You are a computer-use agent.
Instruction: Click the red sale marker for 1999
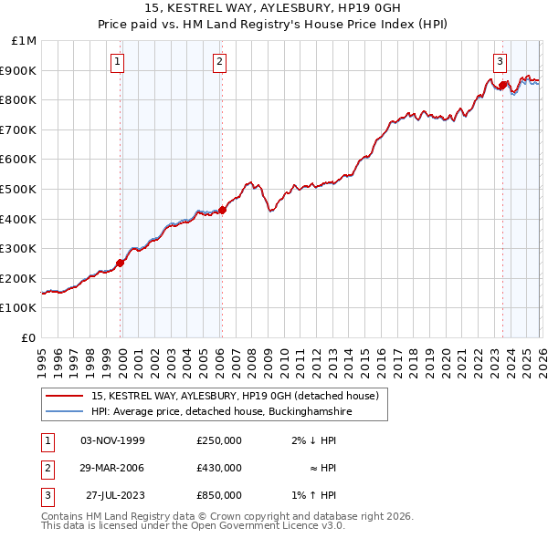tap(121, 263)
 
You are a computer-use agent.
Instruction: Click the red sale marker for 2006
tap(222, 210)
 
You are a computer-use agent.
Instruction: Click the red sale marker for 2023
tap(502, 85)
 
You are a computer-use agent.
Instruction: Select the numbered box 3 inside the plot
tap(501, 62)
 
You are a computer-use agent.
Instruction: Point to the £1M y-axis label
tap(25, 41)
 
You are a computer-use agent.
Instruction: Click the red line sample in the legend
tap(64, 397)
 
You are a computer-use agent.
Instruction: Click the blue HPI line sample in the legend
tap(64, 412)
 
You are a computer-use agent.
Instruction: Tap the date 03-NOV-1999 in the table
tap(112, 440)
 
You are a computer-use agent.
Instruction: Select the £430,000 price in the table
tap(218, 468)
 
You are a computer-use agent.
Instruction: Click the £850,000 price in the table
tap(218, 495)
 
